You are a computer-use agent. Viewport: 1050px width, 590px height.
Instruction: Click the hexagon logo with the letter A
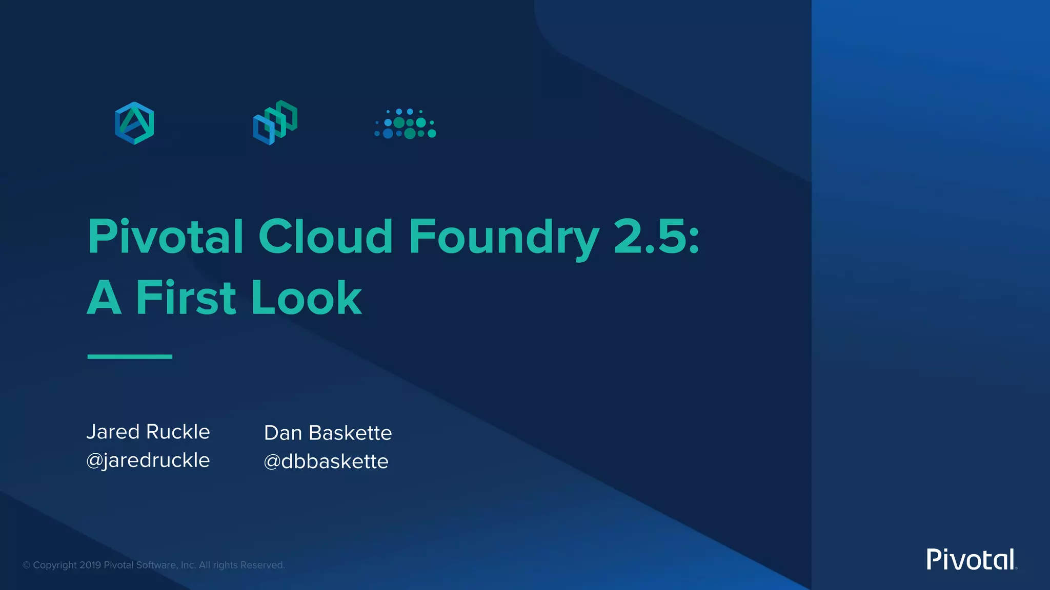(134, 123)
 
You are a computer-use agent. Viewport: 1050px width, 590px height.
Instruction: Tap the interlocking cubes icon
(275, 123)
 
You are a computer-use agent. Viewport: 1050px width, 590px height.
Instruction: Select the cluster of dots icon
(406, 123)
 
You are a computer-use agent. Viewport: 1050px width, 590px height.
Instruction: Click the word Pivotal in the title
(166, 237)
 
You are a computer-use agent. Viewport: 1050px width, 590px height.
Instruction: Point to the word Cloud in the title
(325, 237)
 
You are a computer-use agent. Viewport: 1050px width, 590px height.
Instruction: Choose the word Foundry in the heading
(503, 238)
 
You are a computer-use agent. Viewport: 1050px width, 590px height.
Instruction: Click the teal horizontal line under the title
(130, 356)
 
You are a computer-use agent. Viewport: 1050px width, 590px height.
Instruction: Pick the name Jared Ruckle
(148, 432)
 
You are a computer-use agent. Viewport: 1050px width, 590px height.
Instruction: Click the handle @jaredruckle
(148, 460)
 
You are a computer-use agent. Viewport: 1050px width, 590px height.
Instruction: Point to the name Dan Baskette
(328, 433)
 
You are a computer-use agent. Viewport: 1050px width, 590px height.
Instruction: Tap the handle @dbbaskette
(326, 461)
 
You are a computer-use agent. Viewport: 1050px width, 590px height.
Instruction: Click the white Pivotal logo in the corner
(971, 559)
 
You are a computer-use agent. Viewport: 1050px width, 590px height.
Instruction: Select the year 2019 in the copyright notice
(90, 565)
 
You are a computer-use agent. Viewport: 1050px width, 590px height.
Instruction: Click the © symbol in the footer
(26, 565)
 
